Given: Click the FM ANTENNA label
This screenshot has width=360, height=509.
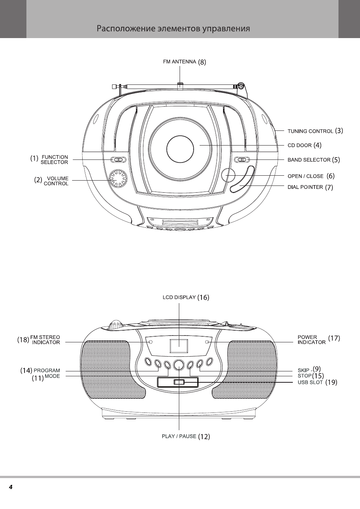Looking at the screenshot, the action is coord(179,61).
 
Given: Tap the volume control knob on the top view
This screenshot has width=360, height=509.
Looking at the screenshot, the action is coord(118,178).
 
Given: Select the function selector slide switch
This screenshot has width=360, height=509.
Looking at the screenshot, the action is coord(118,159).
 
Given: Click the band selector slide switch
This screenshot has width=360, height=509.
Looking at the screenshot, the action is coord(242,159).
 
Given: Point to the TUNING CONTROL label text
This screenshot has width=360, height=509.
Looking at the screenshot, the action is coord(311,131).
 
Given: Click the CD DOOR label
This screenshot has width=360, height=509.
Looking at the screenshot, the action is coord(300,145).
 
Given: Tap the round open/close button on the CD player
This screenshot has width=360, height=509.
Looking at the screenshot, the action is coord(228,175).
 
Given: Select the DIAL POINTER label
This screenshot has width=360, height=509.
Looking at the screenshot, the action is coord(305,187).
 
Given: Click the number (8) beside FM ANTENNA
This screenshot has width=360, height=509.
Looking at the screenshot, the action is coord(202,62).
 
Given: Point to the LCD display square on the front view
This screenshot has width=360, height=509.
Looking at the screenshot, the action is coord(179,346).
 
